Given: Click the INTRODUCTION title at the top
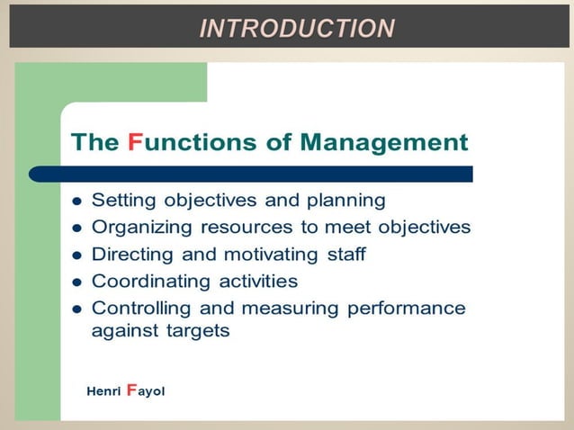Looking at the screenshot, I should tap(296, 29).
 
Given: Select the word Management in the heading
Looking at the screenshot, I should tap(384, 142).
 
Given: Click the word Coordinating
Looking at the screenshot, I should tap(149, 282).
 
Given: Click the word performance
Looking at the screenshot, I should tap(408, 309).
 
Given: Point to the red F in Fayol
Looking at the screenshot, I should tap(131, 390).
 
